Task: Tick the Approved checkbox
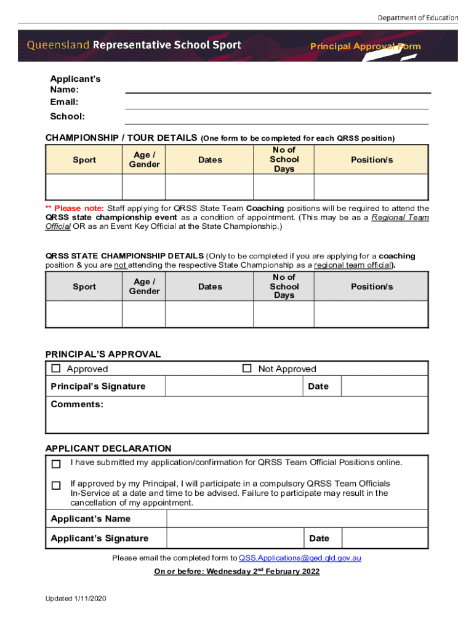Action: pos(56,369)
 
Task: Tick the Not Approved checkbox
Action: pos(247,369)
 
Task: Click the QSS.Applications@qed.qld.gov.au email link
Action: pos(300,558)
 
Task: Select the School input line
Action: pos(277,119)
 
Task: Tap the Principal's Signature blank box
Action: pos(234,386)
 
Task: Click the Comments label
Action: pos(77,404)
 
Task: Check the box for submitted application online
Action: pos(56,463)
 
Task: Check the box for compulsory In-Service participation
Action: pos(56,485)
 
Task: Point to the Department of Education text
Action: pos(417,18)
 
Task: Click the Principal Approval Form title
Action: pos(365,47)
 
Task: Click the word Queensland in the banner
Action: pos(58,45)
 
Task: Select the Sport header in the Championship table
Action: pos(84,160)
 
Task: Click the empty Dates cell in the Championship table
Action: pos(209,187)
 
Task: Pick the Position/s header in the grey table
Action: pos(371,287)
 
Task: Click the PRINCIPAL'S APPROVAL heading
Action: pos(103,354)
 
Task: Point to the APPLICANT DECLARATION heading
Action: pos(108,449)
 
